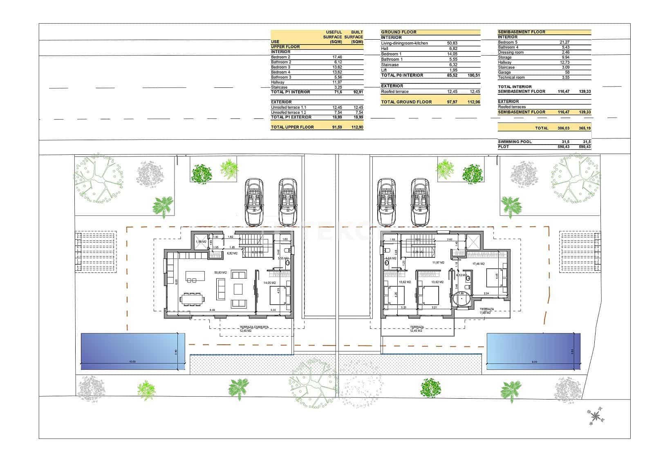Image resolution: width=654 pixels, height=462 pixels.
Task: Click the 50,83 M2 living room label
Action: coord(220,272)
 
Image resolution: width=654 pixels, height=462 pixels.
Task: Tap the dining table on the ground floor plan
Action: coord(192,299)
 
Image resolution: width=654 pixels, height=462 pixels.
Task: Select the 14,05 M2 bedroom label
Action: coord(270,283)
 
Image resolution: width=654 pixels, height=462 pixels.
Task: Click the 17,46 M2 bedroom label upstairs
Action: coord(478,264)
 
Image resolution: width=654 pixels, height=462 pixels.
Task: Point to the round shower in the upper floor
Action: coord(461,299)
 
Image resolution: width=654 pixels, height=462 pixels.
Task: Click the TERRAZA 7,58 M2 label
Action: coord(487,311)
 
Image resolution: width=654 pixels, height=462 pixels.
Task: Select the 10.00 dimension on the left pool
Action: coord(132,362)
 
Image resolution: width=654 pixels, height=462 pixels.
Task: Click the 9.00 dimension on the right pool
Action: coord(534,362)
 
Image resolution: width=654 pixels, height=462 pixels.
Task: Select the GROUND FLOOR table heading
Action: coord(399,32)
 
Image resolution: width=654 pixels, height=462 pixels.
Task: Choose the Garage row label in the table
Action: coord(504,72)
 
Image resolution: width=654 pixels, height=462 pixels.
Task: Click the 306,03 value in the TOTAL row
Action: coord(563,128)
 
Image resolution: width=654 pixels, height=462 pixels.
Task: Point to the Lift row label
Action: coord(384,70)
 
